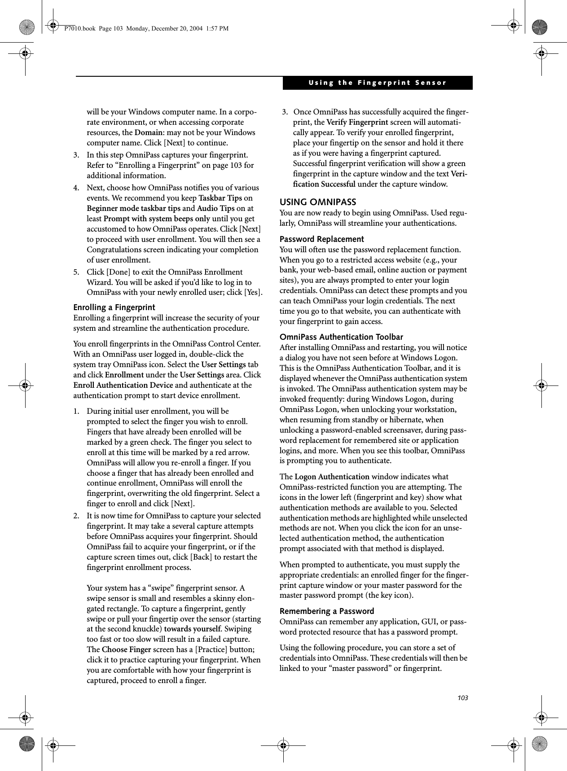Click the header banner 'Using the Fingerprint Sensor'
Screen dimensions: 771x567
[x=377, y=83]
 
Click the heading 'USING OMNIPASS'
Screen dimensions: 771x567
[x=318, y=202]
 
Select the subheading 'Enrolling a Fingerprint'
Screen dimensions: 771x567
[x=114, y=307]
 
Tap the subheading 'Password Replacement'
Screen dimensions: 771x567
[x=322, y=239]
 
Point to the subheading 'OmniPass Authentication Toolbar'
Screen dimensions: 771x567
[x=341, y=337]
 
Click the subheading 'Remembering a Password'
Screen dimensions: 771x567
[x=327, y=611]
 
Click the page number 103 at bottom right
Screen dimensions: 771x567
[x=463, y=698]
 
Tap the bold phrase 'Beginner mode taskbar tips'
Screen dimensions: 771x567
[x=133, y=209]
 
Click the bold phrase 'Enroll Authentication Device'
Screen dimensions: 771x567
[x=123, y=385]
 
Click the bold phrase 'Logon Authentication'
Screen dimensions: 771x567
[x=332, y=477]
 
